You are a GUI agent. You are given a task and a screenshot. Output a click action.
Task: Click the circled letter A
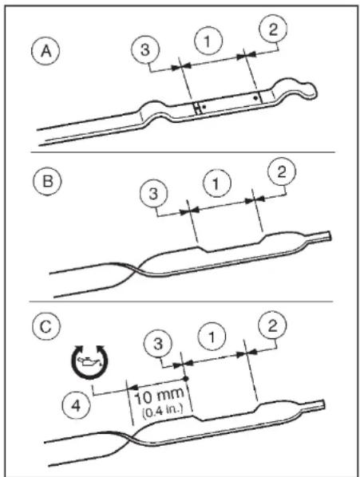45,51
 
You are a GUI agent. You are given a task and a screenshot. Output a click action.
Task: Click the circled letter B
47,181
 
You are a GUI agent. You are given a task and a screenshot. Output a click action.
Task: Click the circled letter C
46,327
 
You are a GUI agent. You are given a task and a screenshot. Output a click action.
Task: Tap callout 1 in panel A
208,41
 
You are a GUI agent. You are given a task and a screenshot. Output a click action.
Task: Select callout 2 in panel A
273,30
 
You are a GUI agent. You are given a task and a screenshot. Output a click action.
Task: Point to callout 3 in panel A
145,49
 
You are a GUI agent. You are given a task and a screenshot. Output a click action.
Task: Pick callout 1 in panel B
216,183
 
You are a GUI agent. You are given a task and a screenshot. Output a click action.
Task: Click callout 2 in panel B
282,171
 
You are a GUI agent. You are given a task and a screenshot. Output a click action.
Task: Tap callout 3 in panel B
154,194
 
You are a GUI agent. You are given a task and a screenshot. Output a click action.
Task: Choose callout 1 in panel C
212,337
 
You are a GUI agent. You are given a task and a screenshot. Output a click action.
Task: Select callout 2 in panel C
272,325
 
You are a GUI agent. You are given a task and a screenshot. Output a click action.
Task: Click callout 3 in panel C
158,344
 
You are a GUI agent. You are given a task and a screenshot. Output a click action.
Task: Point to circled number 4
76,406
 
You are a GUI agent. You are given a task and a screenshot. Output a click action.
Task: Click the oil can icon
89,361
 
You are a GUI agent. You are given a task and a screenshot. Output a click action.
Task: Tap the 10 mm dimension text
159,396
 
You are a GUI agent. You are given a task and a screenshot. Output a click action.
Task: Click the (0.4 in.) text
163,411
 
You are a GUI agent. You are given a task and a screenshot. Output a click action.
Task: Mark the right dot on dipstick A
255,98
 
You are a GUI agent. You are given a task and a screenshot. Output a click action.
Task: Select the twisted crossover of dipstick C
133,438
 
